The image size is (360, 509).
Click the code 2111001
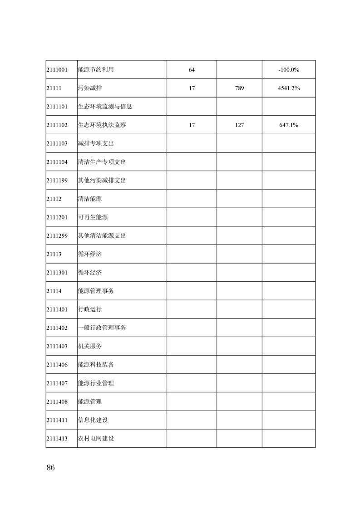(x=57, y=70)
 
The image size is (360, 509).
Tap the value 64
(x=192, y=70)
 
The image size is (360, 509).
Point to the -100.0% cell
(x=289, y=70)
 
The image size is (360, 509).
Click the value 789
(x=239, y=88)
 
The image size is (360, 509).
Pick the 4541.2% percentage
(x=289, y=88)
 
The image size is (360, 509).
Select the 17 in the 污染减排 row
(x=192, y=88)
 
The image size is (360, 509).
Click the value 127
(x=239, y=125)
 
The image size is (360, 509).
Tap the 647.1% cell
(x=289, y=125)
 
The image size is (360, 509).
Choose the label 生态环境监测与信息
(x=105, y=107)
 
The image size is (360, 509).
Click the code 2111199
(x=57, y=181)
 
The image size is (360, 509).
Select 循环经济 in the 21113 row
(x=90, y=254)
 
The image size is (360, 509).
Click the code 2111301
(x=57, y=273)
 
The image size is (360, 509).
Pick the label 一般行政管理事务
(x=102, y=328)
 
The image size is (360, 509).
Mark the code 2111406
(x=57, y=365)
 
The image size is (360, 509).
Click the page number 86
(x=50, y=468)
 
